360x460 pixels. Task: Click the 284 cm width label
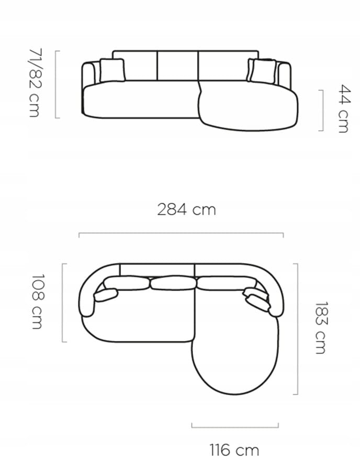click(x=186, y=210)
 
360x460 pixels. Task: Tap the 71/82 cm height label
click(x=36, y=83)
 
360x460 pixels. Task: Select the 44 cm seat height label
click(x=344, y=109)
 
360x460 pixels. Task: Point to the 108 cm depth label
click(x=38, y=302)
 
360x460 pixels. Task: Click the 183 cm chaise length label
click(x=321, y=328)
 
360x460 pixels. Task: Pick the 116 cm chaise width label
click(x=234, y=450)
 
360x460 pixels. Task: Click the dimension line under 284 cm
click(x=181, y=234)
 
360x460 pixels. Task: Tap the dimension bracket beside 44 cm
click(x=321, y=110)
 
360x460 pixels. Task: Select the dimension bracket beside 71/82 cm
click(x=57, y=85)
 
